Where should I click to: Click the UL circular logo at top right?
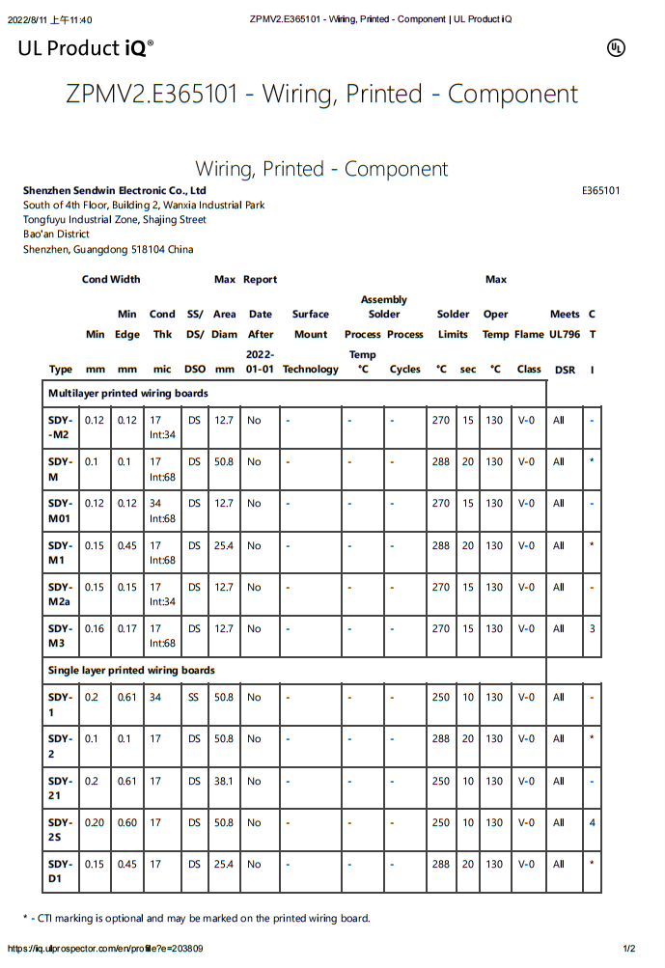[x=616, y=48]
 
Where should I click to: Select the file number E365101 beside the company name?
[x=600, y=191]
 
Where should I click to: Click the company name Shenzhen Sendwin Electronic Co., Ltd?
[x=115, y=191]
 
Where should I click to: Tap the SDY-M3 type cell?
[x=61, y=635]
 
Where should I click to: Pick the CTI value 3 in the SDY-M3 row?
[x=592, y=628]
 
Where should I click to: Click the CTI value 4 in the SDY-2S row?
[x=592, y=822]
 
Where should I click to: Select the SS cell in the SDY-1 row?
[x=194, y=697]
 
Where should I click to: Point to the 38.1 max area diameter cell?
[x=224, y=781]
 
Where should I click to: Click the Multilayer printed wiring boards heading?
[x=127, y=394]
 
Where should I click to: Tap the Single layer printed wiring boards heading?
[x=131, y=670]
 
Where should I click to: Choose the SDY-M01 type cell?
[x=61, y=511]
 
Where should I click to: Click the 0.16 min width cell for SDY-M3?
[x=95, y=628]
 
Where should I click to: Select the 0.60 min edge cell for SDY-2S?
[x=127, y=822]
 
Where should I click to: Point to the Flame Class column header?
[x=529, y=351]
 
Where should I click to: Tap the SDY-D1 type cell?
[x=61, y=871]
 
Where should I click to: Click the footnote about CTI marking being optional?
[x=196, y=918]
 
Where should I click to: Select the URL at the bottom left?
[x=105, y=949]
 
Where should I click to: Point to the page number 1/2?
[x=629, y=949]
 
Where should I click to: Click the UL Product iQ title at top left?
[x=85, y=48]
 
